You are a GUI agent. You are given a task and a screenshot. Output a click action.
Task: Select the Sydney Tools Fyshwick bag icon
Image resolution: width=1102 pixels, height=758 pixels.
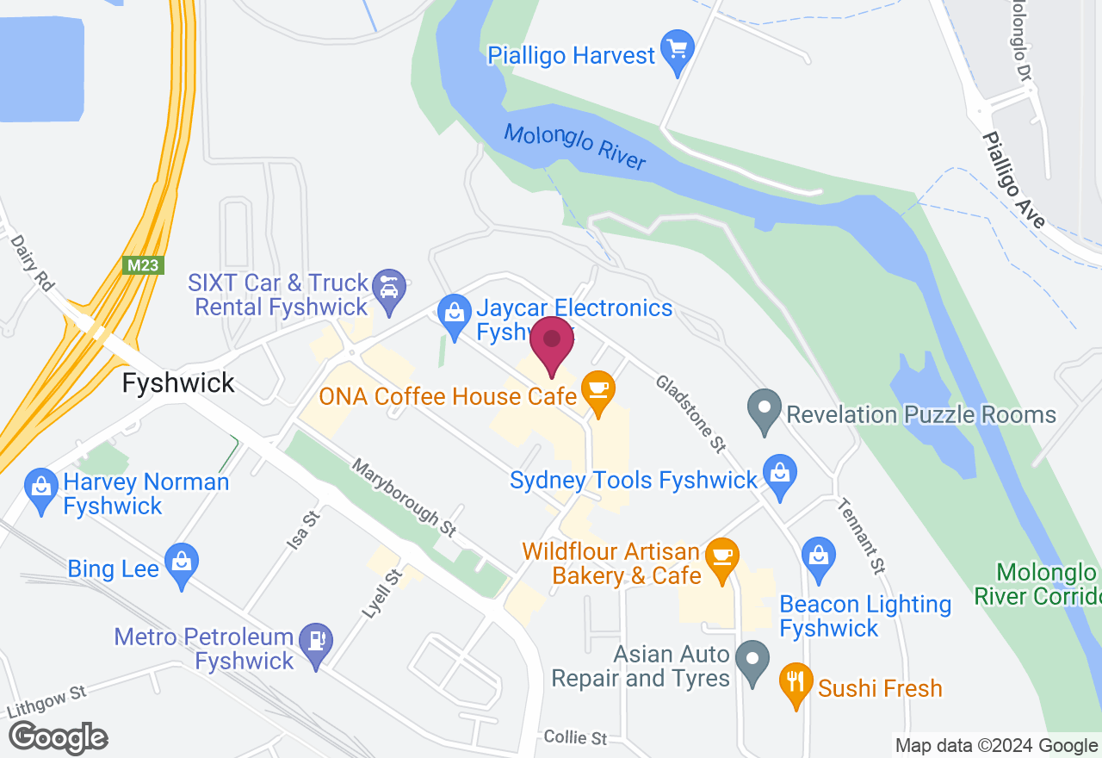[780, 475]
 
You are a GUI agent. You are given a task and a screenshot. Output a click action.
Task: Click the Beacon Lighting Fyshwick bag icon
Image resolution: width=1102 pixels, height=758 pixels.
[818, 556]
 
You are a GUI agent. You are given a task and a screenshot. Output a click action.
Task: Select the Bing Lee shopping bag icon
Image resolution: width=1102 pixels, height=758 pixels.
[182, 563]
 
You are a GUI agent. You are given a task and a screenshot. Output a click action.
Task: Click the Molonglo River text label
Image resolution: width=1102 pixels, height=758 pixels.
[574, 147]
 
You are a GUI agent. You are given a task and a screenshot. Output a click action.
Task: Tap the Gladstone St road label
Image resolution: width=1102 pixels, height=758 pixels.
[690, 413]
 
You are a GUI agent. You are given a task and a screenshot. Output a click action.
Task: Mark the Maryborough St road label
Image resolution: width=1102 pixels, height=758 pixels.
[404, 498]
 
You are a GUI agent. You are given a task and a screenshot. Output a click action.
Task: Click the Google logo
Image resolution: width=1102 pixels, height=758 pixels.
[58, 738]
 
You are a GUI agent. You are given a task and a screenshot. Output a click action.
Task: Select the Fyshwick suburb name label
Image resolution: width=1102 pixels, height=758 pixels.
[178, 383]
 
